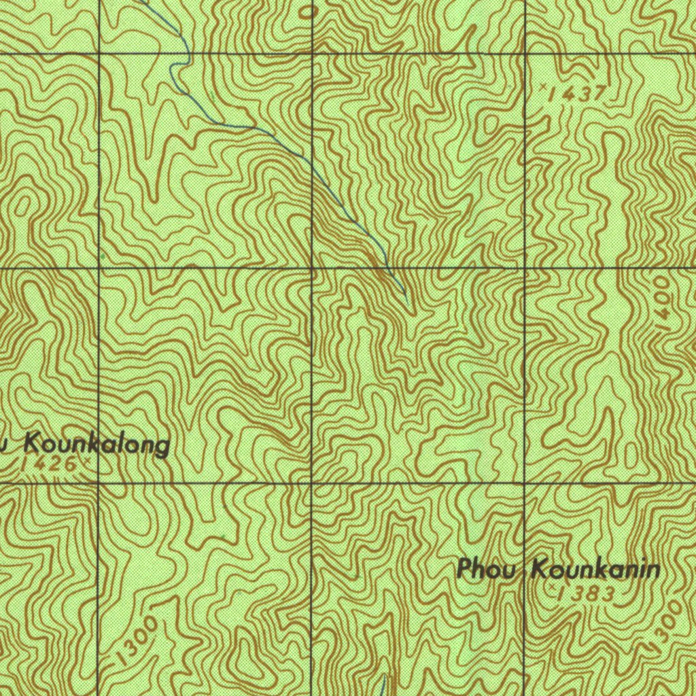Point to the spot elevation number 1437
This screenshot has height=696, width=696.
coord(579,94)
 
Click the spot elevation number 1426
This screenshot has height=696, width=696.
coord(49,465)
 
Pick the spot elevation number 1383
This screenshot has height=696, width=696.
coord(586,594)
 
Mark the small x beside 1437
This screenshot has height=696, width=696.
coord(544,87)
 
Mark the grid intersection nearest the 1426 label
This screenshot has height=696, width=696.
coord(99,483)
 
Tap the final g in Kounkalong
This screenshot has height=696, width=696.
coord(162,449)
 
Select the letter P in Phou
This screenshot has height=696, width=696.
coord(466,568)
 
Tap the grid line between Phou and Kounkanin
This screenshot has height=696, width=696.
coord(525,568)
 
